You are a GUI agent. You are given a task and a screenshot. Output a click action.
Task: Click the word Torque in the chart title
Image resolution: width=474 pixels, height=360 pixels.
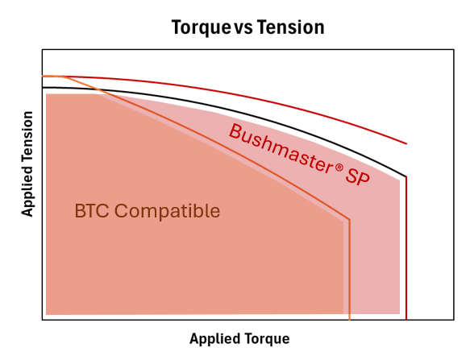tap(202, 27)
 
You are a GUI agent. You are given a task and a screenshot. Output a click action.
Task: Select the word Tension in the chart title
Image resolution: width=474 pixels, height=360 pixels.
tap(291, 27)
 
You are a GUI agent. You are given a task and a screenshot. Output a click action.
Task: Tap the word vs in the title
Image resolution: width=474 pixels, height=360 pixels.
tap(244, 29)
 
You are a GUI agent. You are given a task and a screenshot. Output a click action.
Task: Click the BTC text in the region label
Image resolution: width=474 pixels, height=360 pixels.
tap(92, 210)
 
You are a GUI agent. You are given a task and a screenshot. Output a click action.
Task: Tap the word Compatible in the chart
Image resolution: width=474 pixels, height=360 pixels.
tap(167, 211)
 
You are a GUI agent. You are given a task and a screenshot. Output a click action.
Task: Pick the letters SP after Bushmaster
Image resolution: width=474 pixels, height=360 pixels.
tap(358, 176)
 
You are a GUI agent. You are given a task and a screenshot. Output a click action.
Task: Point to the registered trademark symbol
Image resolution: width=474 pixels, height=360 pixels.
tap(339, 168)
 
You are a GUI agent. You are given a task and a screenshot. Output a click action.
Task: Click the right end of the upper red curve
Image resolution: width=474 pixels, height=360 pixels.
tap(406, 144)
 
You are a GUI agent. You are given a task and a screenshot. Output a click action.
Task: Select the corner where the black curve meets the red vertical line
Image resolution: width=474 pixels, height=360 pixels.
tap(406, 176)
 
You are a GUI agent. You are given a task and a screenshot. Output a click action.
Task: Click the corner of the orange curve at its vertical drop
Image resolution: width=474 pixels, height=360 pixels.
tap(350, 219)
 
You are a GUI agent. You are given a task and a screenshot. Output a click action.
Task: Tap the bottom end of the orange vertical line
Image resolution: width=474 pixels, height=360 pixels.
tap(350, 320)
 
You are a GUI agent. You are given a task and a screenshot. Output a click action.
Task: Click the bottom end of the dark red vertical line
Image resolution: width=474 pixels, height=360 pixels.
tap(406, 320)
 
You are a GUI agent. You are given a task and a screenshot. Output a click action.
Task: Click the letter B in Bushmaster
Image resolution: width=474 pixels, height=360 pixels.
tap(235, 131)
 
